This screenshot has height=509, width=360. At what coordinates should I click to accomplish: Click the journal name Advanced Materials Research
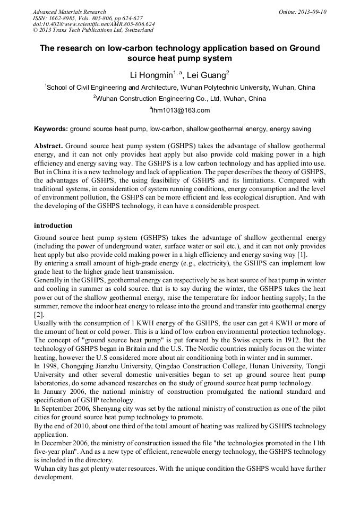click(x=69, y=12)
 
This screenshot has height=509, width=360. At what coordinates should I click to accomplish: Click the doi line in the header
click(x=93, y=24)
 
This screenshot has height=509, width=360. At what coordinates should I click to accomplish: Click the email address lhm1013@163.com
click(x=181, y=110)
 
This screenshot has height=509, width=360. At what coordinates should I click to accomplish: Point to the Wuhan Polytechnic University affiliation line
click(x=180, y=88)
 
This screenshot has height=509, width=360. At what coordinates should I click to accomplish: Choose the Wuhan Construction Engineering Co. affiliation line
click(x=180, y=99)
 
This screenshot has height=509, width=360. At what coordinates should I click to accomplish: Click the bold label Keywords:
click(x=51, y=129)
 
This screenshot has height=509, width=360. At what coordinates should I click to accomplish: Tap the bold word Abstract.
click(x=48, y=145)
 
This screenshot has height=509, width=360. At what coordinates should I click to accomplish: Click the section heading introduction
click(x=53, y=226)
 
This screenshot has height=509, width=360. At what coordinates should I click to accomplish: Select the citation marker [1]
click(x=302, y=255)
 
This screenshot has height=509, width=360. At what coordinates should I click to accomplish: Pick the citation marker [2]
click(x=39, y=314)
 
